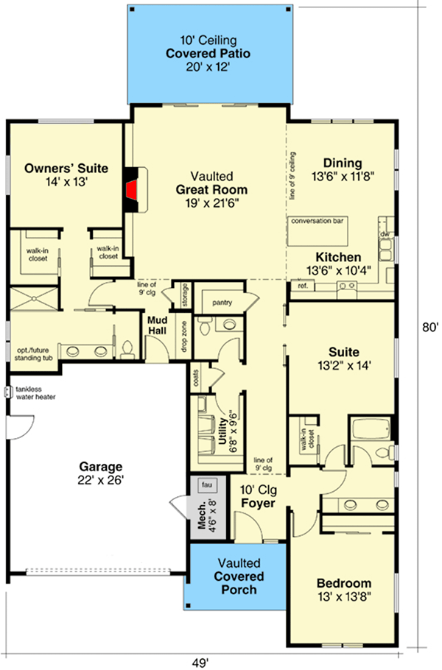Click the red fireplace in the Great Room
click(133, 190)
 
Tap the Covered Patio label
click(208, 54)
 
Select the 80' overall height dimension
click(430, 328)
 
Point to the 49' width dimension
click(200, 663)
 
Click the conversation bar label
click(317, 222)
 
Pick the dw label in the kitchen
click(384, 234)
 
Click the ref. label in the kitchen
click(303, 286)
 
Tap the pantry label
click(222, 303)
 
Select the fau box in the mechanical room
click(207, 485)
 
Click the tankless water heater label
click(36, 392)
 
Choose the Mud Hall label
click(157, 325)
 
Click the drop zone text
click(184, 337)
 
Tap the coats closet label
click(196, 378)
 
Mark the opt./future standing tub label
click(33, 354)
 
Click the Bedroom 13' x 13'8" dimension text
click(344, 597)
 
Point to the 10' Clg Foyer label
click(258, 496)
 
